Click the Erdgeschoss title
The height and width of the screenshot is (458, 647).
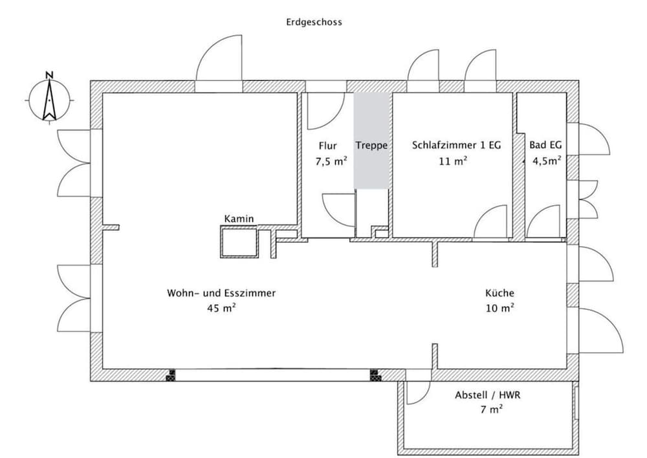tap(314, 22)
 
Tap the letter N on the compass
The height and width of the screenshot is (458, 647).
tap(50, 74)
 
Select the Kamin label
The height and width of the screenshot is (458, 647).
tap(239, 219)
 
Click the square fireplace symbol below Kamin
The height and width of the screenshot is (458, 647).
tap(239, 242)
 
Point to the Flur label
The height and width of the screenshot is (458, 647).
tap(327, 146)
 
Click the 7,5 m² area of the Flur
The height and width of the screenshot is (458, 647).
tap(331, 161)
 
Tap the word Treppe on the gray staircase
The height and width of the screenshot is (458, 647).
tap(372, 146)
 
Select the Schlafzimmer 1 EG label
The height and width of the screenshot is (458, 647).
tap(456, 146)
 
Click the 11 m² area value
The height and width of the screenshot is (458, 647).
tap(453, 160)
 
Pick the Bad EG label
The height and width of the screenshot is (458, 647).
tap(545, 145)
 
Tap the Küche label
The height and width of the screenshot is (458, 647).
tap(499, 293)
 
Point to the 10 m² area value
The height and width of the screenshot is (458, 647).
tap(499, 308)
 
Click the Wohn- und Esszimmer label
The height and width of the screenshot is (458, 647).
tap(221, 293)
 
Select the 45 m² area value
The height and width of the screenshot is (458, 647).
tap(221, 308)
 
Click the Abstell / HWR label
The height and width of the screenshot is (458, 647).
tap(488, 395)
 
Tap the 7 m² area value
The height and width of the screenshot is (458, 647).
tap(491, 409)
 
